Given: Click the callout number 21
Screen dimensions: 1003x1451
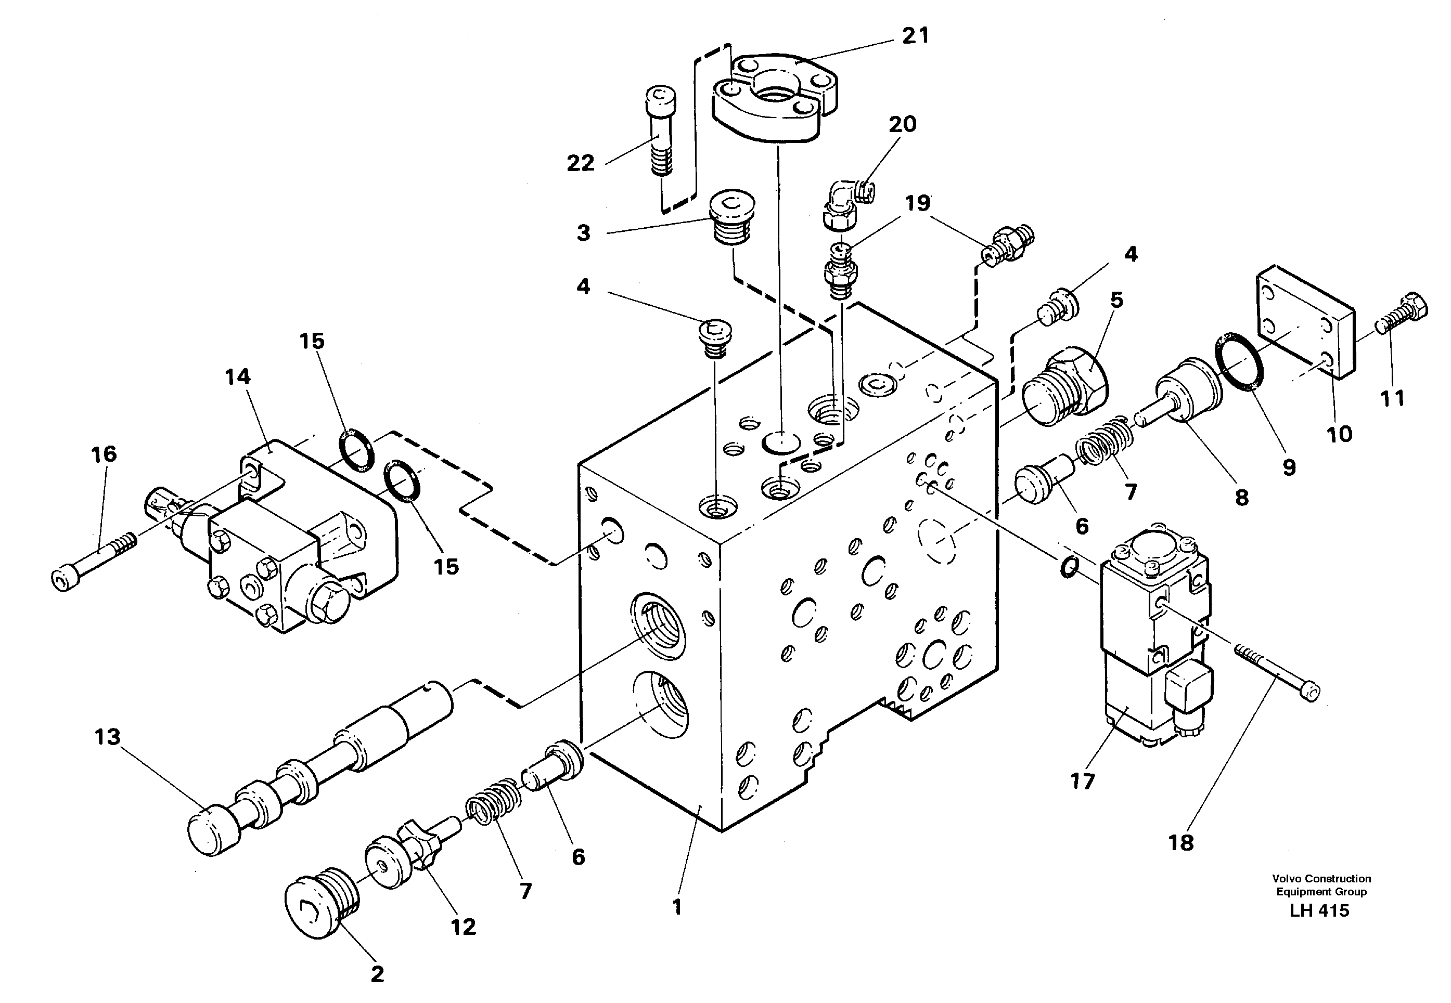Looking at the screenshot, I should tap(915, 36).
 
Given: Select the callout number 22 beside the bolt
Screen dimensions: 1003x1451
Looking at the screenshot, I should tap(580, 163).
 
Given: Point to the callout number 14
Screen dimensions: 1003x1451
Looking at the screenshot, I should tap(238, 377).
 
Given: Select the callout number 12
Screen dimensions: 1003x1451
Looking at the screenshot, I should tap(464, 927).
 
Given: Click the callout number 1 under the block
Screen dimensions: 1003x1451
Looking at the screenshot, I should tap(677, 907).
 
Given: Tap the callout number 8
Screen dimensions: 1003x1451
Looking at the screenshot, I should tap(1242, 498).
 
